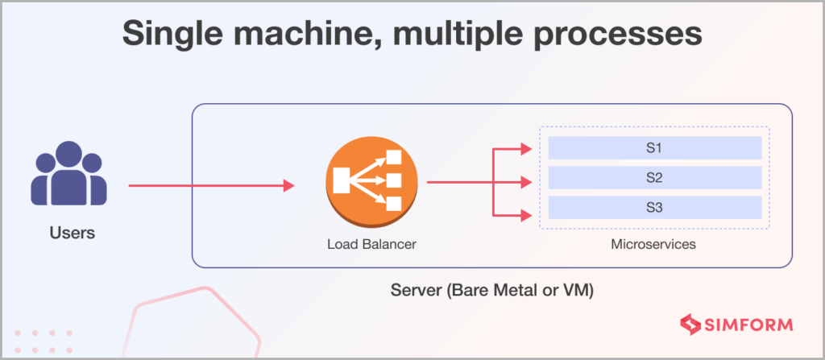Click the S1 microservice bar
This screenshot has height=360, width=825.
(x=655, y=148)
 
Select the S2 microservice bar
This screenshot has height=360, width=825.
(x=655, y=178)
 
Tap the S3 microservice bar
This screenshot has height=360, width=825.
(x=655, y=208)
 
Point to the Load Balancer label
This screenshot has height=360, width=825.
(x=371, y=244)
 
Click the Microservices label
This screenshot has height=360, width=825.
(x=653, y=244)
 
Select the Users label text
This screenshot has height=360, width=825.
(x=73, y=233)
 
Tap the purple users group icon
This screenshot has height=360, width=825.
(x=69, y=173)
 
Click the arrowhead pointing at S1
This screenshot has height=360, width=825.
(x=526, y=149)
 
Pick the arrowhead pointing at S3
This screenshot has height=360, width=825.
(x=526, y=215)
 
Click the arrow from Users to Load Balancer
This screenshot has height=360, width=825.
(x=212, y=185)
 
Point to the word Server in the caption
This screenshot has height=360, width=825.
(x=417, y=291)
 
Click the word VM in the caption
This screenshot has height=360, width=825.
(x=578, y=291)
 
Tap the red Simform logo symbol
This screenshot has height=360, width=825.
(x=690, y=325)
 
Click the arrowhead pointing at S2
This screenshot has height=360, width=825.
(x=526, y=183)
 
